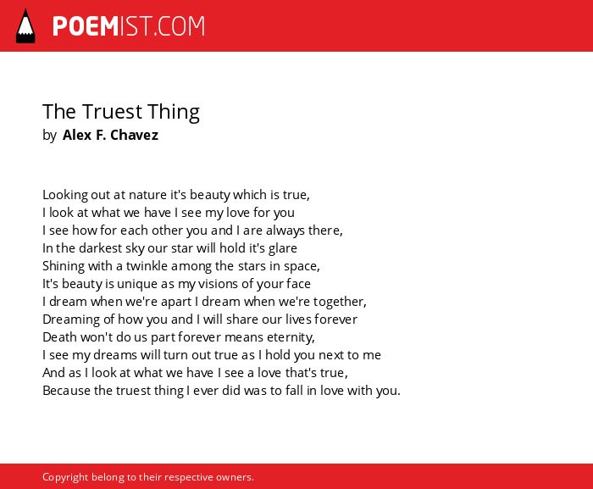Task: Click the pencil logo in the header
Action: (25, 26)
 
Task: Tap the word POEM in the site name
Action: (86, 26)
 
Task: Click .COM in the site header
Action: (179, 26)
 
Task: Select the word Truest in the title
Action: (113, 112)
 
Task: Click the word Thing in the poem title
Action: (173, 113)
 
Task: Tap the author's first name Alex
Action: (77, 135)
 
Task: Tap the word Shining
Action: (64, 266)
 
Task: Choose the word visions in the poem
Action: (225, 284)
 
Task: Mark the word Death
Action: (58, 337)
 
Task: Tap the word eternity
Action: (291, 337)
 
